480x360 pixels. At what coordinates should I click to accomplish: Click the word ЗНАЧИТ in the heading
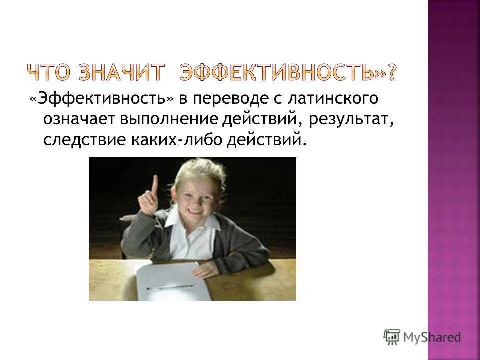[x=121, y=73]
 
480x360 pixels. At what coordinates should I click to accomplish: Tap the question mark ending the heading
[x=394, y=73]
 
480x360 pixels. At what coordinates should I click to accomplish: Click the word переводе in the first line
[x=227, y=99]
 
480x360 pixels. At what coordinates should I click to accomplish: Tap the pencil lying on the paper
[x=170, y=287]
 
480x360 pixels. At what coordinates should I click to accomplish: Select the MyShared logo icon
[x=392, y=337]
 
